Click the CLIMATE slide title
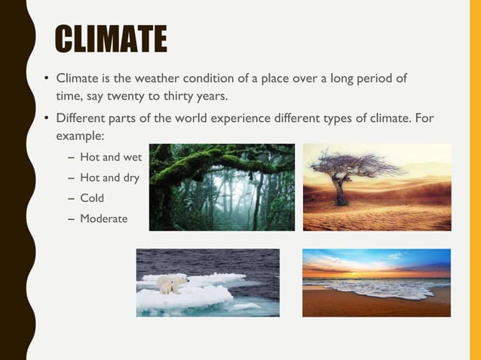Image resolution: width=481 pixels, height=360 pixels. point(111,39)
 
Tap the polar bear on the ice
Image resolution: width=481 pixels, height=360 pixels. point(173,284)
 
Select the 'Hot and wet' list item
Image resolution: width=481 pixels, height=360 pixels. point(110,158)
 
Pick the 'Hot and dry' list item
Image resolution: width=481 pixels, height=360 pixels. point(110,178)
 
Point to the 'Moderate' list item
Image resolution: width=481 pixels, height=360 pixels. point(104,218)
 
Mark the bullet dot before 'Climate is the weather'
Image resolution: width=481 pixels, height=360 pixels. point(45,79)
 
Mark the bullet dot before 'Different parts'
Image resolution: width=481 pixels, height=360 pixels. point(45,119)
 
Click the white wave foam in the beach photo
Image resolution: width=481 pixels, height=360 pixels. point(377,289)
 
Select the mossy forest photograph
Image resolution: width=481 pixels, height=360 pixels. point(222,187)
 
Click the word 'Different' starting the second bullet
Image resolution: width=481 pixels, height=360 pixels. point(81,119)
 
